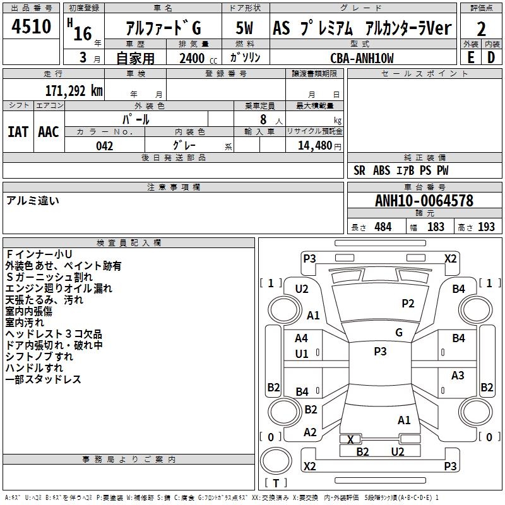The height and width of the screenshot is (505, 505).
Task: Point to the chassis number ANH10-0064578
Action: (424, 201)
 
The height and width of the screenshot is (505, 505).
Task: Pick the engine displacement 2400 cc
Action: (194, 58)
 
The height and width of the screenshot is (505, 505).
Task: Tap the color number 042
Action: (105, 146)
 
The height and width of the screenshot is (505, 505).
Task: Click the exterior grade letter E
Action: (470, 57)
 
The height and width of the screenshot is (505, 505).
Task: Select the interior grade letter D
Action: (491, 57)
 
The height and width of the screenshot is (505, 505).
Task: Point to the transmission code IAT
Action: (18, 131)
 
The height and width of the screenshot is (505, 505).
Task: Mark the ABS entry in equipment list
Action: (381, 170)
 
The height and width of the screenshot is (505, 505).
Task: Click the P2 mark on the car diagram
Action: (408, 304)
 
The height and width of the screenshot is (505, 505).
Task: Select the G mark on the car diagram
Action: (398, 333)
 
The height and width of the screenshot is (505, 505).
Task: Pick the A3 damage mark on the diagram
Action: (458, 376)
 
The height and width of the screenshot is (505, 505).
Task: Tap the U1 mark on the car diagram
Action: (302, 354)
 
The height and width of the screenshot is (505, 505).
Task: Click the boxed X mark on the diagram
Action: (351, 439)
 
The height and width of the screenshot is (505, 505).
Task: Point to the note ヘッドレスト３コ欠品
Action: (54, 334)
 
